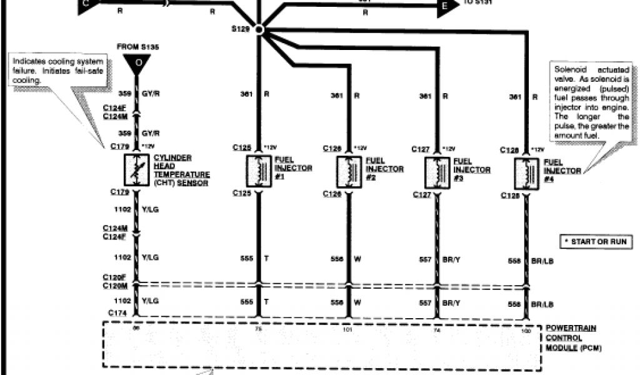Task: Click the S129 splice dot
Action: point(261,29)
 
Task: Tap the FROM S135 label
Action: point(136,46)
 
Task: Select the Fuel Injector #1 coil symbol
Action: point(257,171)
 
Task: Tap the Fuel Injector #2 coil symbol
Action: point(347,171)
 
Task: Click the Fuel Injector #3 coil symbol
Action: point(436,171)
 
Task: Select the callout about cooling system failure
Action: point(57,70)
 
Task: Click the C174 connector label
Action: point(116,312)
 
